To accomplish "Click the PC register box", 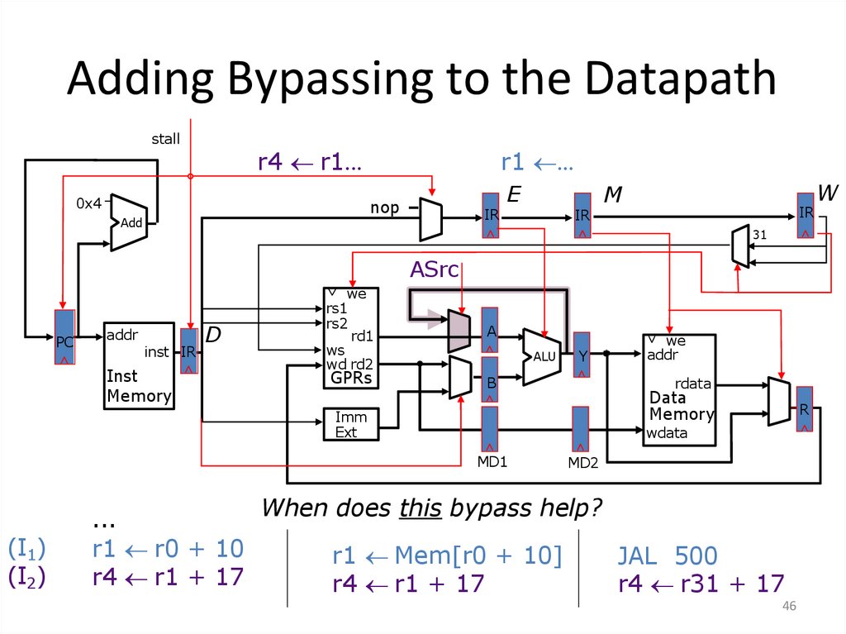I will click(65, 337).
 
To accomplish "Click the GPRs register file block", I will click(349, 338).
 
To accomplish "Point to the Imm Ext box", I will click(350, 424).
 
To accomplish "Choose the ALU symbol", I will click(540, 356).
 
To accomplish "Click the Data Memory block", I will click(679, 389).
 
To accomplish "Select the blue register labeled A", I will click(490, 330).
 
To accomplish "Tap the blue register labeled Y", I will click(582, 355).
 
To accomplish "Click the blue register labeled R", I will click(804, 408).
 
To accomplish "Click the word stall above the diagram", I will click(165, 139).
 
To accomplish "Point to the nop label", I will click(384, 208).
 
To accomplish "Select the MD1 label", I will click(491, 460).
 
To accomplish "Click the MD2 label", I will click(582, 462).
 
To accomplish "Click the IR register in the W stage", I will click(805, 215).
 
